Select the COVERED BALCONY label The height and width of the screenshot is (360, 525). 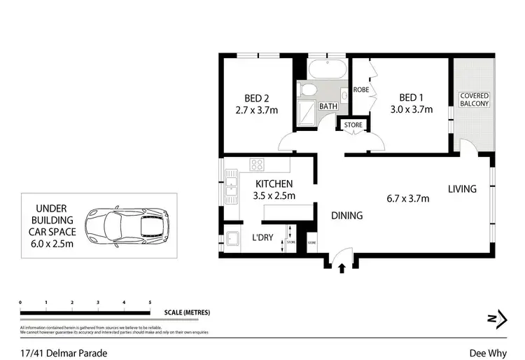click(x=474, y=99)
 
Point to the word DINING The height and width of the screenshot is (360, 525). click(x=346, y=216)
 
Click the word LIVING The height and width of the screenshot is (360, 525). click(x=463, y=189)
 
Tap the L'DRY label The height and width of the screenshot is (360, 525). click(x=262, y=238)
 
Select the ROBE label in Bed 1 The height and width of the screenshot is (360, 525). click(x=361, y=90)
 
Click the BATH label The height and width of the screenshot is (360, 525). click(x=328, y=106)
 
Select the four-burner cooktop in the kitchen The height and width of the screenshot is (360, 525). click(x=257, y=166)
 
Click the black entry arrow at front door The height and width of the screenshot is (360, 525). click(x=342, y=267)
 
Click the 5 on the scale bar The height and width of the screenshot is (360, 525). click(x=150, y=303)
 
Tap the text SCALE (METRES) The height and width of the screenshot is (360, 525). click(x=187, y=312)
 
